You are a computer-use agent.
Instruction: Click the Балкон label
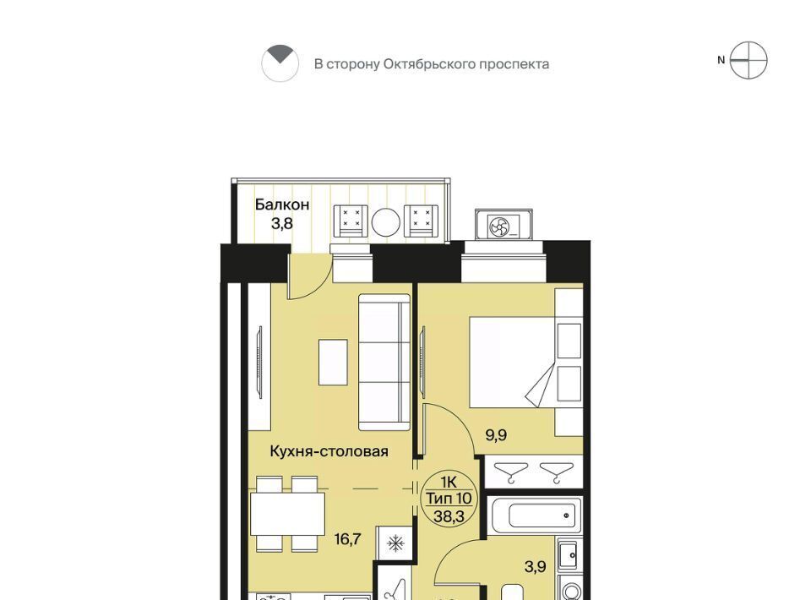pos(282,205)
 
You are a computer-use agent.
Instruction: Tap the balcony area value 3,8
pos(282,223)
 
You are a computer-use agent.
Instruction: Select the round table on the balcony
pos(385,222)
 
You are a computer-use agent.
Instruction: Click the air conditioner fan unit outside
pos(503,225)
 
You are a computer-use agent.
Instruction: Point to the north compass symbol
pos(748,61)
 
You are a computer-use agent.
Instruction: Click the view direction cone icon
pos(280,63)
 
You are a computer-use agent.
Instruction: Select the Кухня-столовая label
pos(329,451)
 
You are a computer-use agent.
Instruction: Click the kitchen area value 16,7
pos(347,539)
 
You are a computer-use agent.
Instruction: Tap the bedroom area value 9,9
pos(496,435)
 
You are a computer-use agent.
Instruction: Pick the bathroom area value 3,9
pos(536,567)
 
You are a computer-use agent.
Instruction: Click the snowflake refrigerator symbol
pos(395,543)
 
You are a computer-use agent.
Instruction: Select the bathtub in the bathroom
pos(535,515)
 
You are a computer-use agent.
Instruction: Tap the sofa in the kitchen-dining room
pos(384,362)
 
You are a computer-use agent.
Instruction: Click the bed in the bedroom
pos(525,362)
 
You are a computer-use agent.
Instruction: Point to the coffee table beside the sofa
pos(333,362)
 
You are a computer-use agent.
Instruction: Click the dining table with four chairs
pos(287,514)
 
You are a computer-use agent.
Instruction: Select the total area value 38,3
pos(449,516)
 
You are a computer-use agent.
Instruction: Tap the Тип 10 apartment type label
pos(449,499)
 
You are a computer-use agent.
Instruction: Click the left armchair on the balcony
pos(351,221)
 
